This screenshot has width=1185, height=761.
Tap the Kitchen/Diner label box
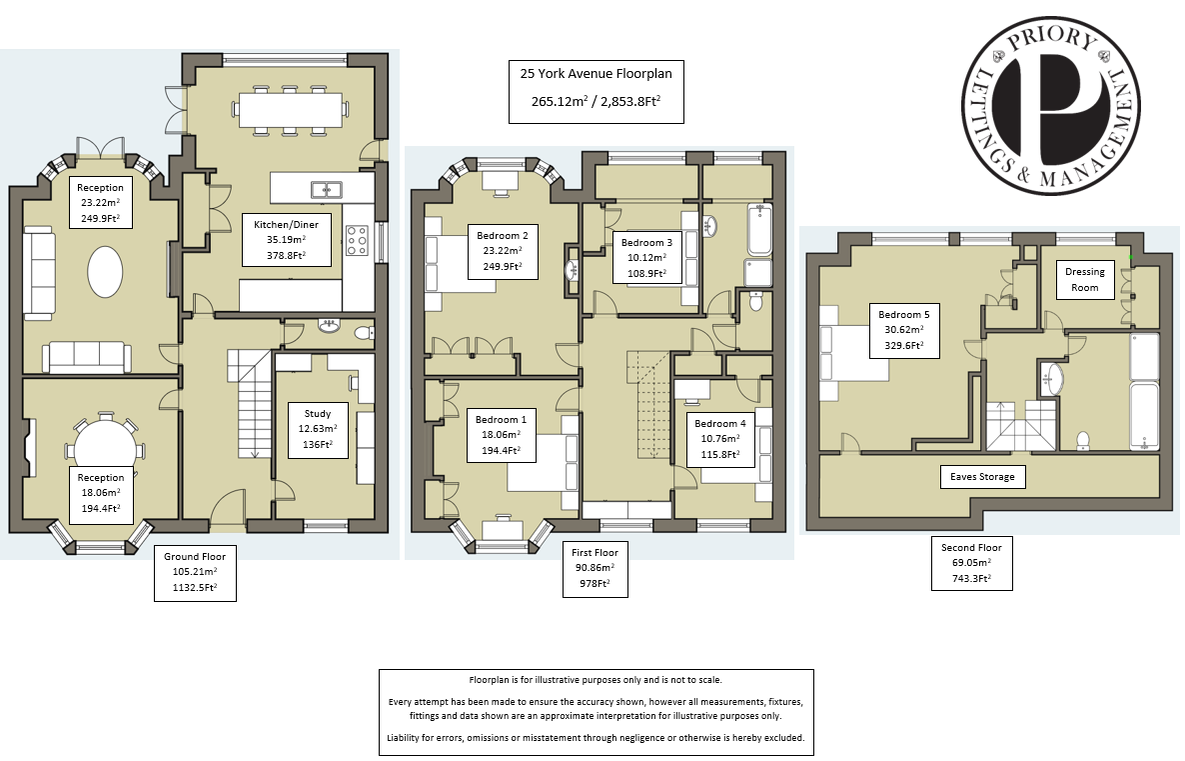[274, 239]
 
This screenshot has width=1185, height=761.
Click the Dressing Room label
[1084, 280]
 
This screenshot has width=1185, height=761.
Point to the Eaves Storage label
[983, 477]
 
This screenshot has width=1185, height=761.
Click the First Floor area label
[594, 570]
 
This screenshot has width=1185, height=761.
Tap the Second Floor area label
[971, 564]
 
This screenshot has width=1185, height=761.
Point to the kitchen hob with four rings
[358, 241]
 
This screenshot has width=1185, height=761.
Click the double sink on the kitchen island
[326, 189]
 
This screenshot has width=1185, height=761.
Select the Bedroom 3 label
[646, 259]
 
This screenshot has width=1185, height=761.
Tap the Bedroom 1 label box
[505, 436]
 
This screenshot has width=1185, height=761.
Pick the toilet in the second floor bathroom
[1082, 441]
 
